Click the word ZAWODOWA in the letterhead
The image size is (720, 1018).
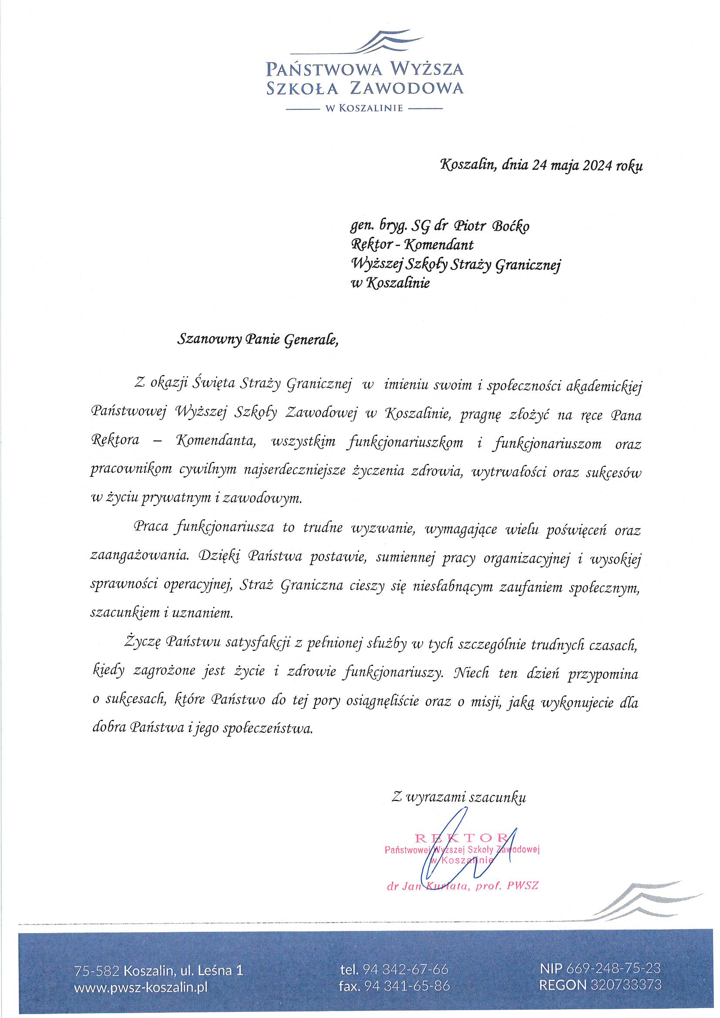pos(407,88)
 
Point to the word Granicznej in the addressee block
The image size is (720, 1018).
pos(528,265)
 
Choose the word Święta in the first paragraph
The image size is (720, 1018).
pos(214,383)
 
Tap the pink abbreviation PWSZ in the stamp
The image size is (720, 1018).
pos(523,887)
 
